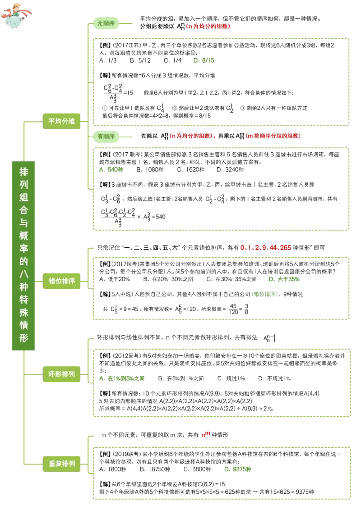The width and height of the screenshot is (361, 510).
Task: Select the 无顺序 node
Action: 106,23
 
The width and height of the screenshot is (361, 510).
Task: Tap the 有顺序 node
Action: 106,136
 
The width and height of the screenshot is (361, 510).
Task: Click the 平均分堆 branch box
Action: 62,121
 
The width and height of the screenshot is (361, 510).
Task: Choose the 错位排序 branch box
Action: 62,281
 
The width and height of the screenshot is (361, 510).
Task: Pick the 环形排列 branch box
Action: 62,374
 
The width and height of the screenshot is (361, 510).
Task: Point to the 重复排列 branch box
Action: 62,463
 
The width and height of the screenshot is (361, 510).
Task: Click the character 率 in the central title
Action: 23,248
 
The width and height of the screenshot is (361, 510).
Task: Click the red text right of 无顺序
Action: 208,27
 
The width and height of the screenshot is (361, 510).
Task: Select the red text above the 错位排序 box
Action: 265,247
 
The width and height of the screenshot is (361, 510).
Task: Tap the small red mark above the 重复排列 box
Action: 205,435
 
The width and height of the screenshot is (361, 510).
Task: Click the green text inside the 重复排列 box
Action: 238,469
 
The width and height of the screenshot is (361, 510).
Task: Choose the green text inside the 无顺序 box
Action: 204,61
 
